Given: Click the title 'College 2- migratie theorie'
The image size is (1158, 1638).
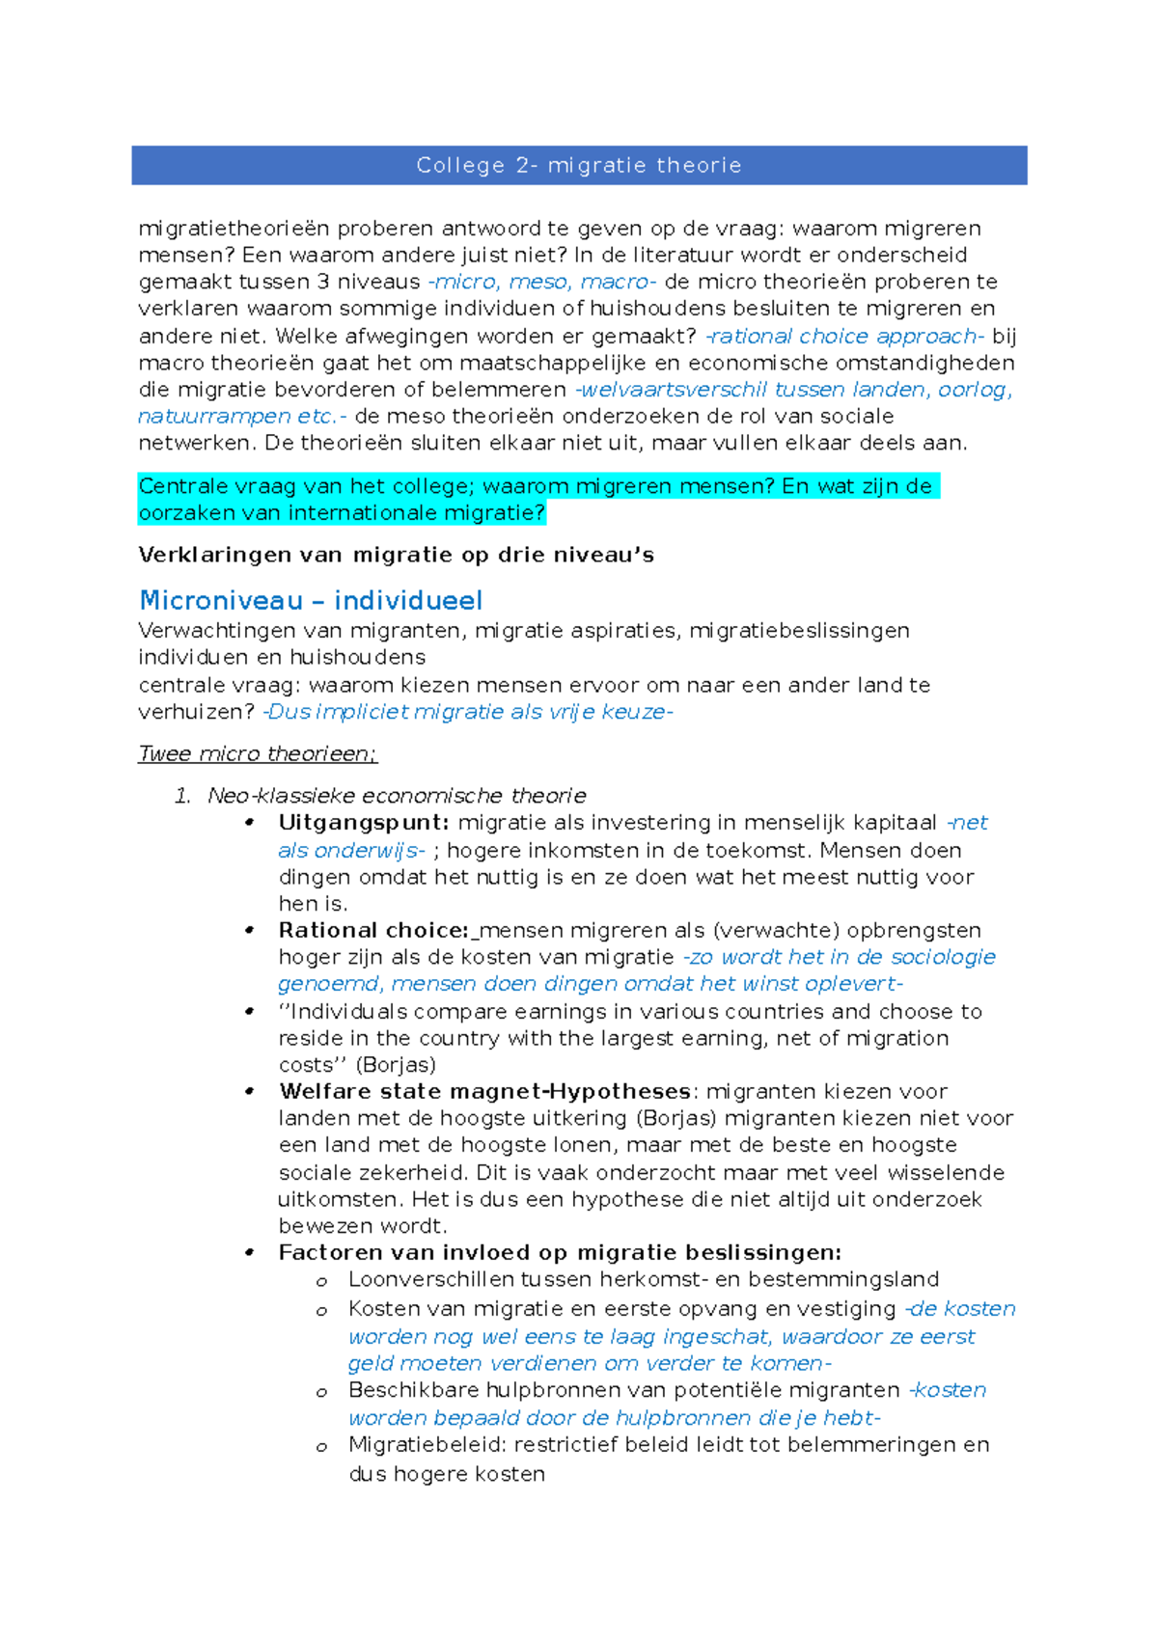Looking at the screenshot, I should coord(579,165).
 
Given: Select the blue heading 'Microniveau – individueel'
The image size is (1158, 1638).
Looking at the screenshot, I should coord(311,600).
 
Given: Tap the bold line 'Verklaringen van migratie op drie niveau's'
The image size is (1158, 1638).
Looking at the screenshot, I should coord(396,555).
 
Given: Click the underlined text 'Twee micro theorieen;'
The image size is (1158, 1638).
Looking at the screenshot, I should coord(258,753).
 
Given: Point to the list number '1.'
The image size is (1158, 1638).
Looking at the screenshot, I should coord(182,796).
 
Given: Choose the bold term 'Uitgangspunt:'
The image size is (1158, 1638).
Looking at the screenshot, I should coord(364,823).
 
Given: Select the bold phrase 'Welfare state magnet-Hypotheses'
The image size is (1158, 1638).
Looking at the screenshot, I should coord(484,1092).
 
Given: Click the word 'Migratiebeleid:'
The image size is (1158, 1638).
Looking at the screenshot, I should coord(427,1445).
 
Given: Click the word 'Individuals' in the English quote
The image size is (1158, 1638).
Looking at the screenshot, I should coord(345,1012).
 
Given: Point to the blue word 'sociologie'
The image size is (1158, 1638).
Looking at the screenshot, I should coord(943,957).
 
